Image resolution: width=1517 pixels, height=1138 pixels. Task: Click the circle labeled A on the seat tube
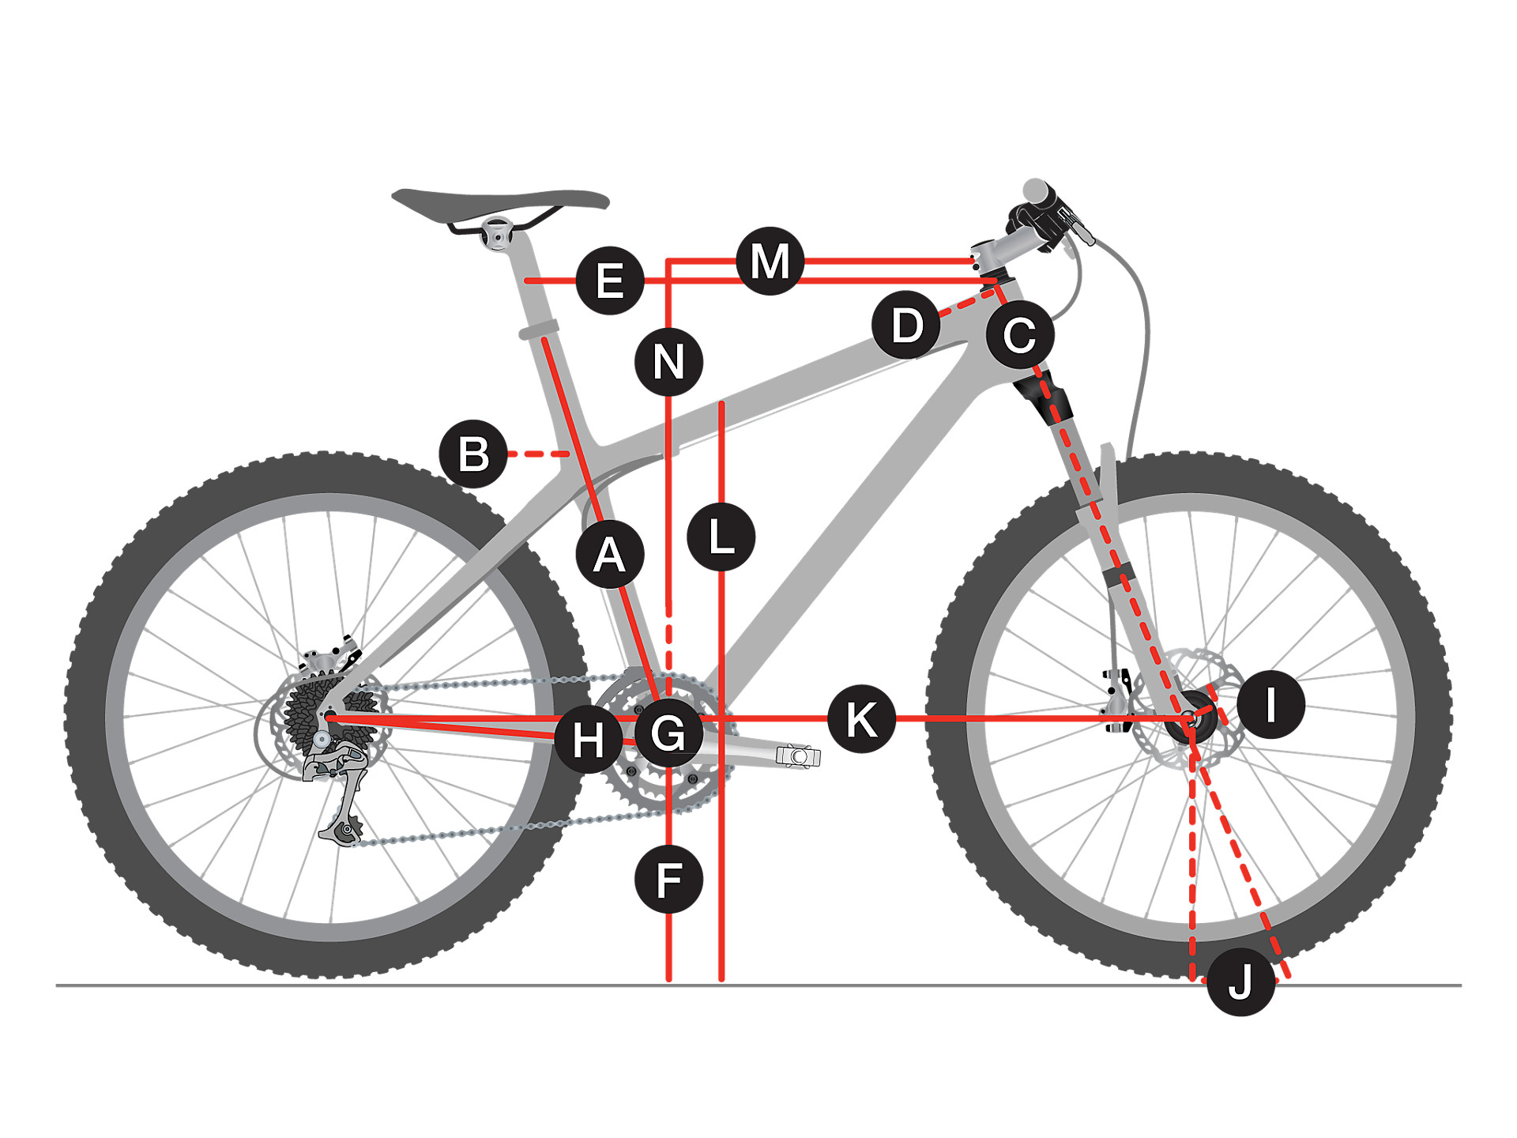pos(609,555)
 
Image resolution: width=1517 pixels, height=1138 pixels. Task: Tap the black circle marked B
pos(473,454)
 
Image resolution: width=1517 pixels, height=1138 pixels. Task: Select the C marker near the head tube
pos(1020,334)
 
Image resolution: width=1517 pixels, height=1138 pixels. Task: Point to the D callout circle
pos(906,325)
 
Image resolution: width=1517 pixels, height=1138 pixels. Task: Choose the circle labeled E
pos(609,281)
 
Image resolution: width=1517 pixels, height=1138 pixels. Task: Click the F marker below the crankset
pos(668,880)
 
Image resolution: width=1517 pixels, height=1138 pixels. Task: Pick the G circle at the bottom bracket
pos(668,733)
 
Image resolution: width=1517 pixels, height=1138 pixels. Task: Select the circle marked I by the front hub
pos(1270,704)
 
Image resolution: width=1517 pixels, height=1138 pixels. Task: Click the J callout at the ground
pos(1240,982)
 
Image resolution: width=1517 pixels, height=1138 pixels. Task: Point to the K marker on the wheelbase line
pos(861,719)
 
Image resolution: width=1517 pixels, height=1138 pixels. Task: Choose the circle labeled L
pos(721,537)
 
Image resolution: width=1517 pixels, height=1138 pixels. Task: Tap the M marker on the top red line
pos(770,261)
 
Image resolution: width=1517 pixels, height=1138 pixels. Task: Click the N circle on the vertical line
pos(668,362)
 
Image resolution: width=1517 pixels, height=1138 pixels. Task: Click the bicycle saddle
pos(500,200)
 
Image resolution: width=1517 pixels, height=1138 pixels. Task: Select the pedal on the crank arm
pos(798,756)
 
